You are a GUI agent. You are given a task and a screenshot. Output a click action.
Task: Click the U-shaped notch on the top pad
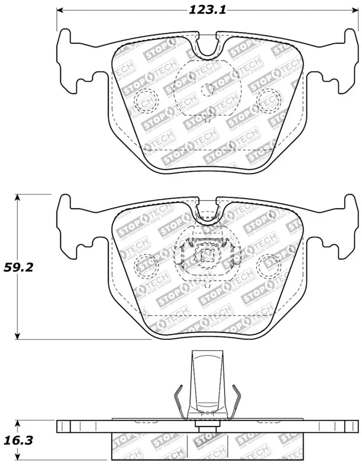(208, 45)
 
